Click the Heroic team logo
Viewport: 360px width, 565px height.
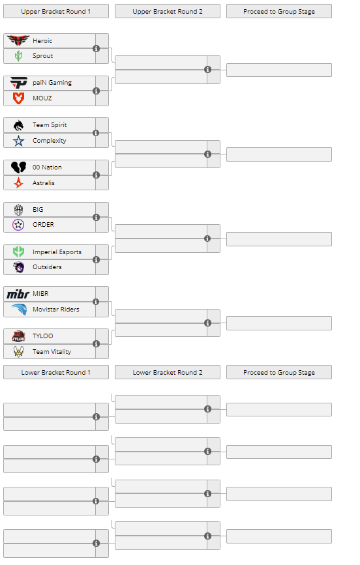(18, 40)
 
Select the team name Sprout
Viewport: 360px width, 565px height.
(42, 56)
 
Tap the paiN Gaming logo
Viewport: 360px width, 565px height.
(18, 83)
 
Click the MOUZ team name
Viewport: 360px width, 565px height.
(42, 98)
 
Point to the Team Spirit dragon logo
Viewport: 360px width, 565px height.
(18, 125)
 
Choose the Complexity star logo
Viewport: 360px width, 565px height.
(18, 141)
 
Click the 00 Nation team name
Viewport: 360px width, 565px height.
(47, 167)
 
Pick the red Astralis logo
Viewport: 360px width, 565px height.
(18, 182)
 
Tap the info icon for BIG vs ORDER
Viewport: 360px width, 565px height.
(96, 217)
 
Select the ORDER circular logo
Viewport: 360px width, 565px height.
(18, 224)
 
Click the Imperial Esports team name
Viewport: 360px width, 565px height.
(57, 252)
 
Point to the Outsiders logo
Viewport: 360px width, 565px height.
(18, 267)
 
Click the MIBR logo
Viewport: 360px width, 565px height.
(18, 294)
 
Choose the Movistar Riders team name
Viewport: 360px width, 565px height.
(56, 309)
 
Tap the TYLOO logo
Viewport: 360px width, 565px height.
(18, 336)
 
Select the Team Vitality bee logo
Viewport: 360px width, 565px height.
(18, 351)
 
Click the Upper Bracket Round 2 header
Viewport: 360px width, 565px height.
(168, 11)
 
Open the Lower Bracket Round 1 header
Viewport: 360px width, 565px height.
(56, 372)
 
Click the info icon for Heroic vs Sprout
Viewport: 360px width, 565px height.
(96, 49)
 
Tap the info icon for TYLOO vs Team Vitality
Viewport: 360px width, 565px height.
(96, 343)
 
